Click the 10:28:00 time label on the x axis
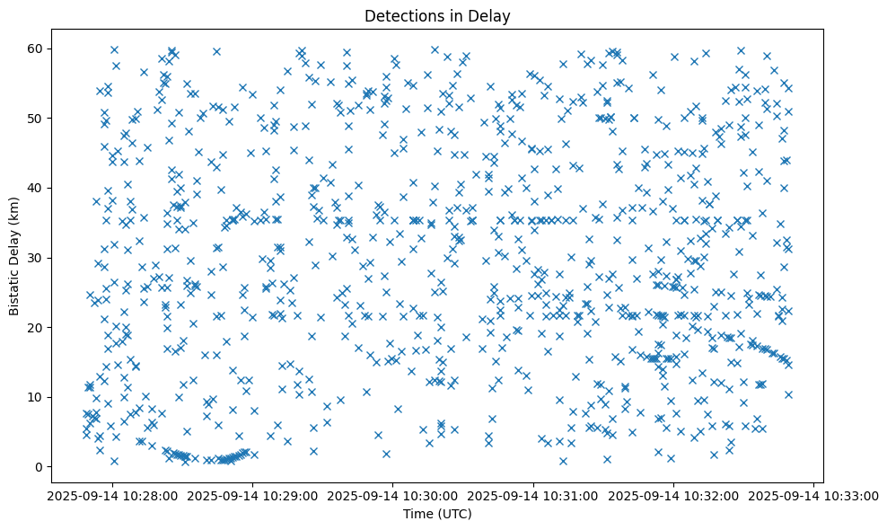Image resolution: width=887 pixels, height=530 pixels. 112,495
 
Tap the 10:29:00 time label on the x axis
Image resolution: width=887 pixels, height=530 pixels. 253,495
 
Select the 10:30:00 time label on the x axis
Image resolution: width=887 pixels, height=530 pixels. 393,495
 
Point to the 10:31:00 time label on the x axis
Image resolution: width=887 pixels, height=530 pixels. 534,495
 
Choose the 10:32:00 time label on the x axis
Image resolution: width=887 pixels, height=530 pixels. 674,495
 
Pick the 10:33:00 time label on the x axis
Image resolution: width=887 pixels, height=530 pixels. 814,495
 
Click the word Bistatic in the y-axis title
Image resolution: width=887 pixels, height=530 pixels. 15,288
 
